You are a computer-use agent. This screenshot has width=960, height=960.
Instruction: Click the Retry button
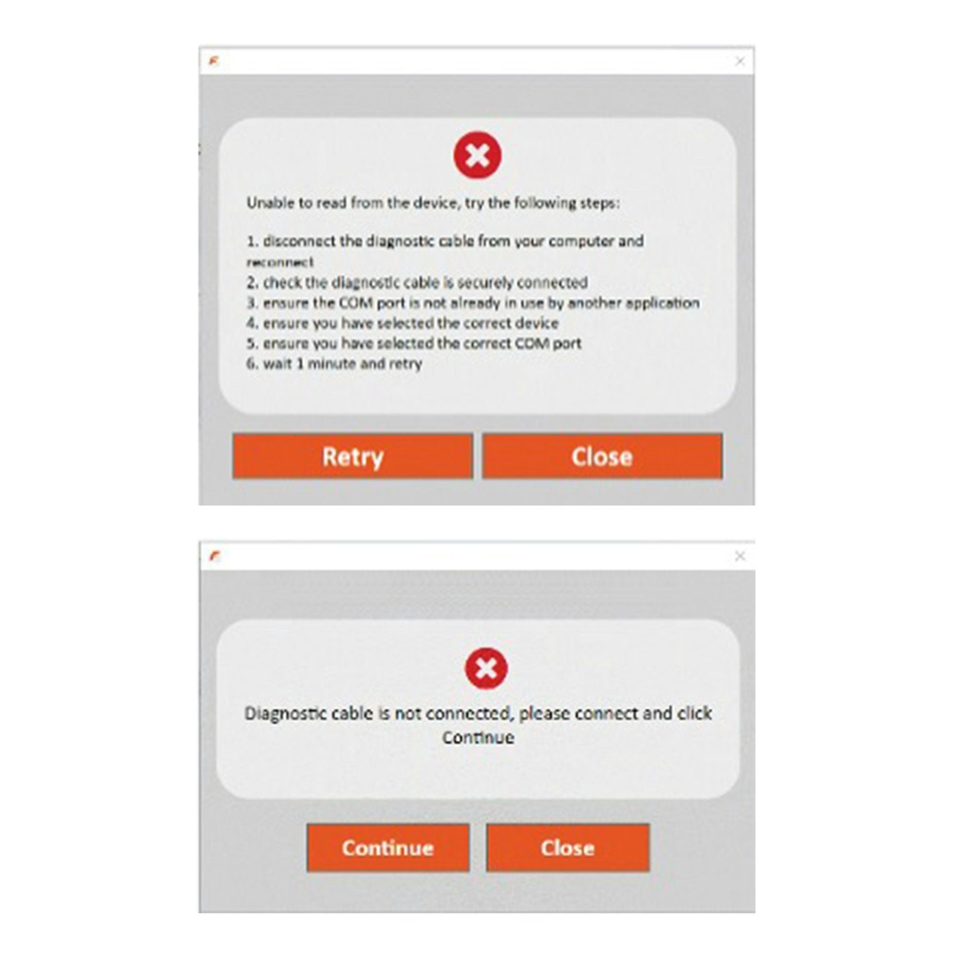pos(352,456)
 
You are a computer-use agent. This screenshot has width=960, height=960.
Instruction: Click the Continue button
pos(388,848)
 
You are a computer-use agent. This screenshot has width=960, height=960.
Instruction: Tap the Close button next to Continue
pos(567,848)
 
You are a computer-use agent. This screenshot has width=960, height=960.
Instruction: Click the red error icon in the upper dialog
pos(477,155)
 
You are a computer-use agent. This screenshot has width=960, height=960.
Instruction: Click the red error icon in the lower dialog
pos(486,668)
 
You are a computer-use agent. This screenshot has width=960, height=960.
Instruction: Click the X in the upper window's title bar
pos(740,61)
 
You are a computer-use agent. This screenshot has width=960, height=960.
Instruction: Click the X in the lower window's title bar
pos(740,555)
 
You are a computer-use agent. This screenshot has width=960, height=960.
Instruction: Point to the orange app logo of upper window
pos(214,61)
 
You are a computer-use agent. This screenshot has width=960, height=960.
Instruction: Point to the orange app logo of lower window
pos(215,555)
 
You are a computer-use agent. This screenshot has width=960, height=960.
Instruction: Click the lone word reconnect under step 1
pos(280,262)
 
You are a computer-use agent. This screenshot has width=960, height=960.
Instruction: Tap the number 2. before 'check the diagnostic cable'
pos(252,283)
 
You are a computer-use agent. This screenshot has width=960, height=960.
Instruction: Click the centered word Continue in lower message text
pos(478,738)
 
